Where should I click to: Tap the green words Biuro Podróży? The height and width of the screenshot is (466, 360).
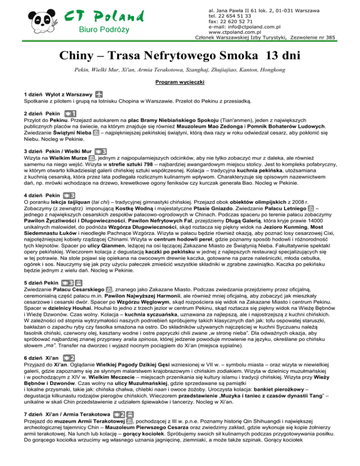pos(106,31)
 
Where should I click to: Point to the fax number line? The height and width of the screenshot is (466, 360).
pos(231,22)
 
